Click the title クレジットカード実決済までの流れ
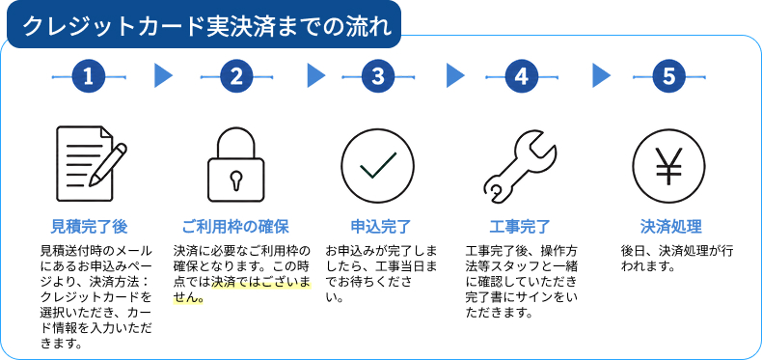(x=207, y=26)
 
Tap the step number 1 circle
(x=89, y=77)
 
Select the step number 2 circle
(x=236, y=77)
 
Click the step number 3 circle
(x=377, y=77)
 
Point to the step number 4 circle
(x=522, y=77)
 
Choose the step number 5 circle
(x=668, y=77)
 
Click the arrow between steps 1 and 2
(x=163, y=76)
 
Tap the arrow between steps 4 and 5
(x=602, y=76)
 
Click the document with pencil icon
(x=91, y=163)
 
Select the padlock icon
(x=236, y=164)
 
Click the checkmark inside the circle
(x=378, y=165)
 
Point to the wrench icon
(x=520, y=165)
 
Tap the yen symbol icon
(x=668, y=165)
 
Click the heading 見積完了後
(x=89, y=227)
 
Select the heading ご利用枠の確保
(x=235, y=227)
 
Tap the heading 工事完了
(x=520, y=227)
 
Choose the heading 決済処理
(x=670, y=227)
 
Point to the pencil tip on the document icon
(x=91, y=183)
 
